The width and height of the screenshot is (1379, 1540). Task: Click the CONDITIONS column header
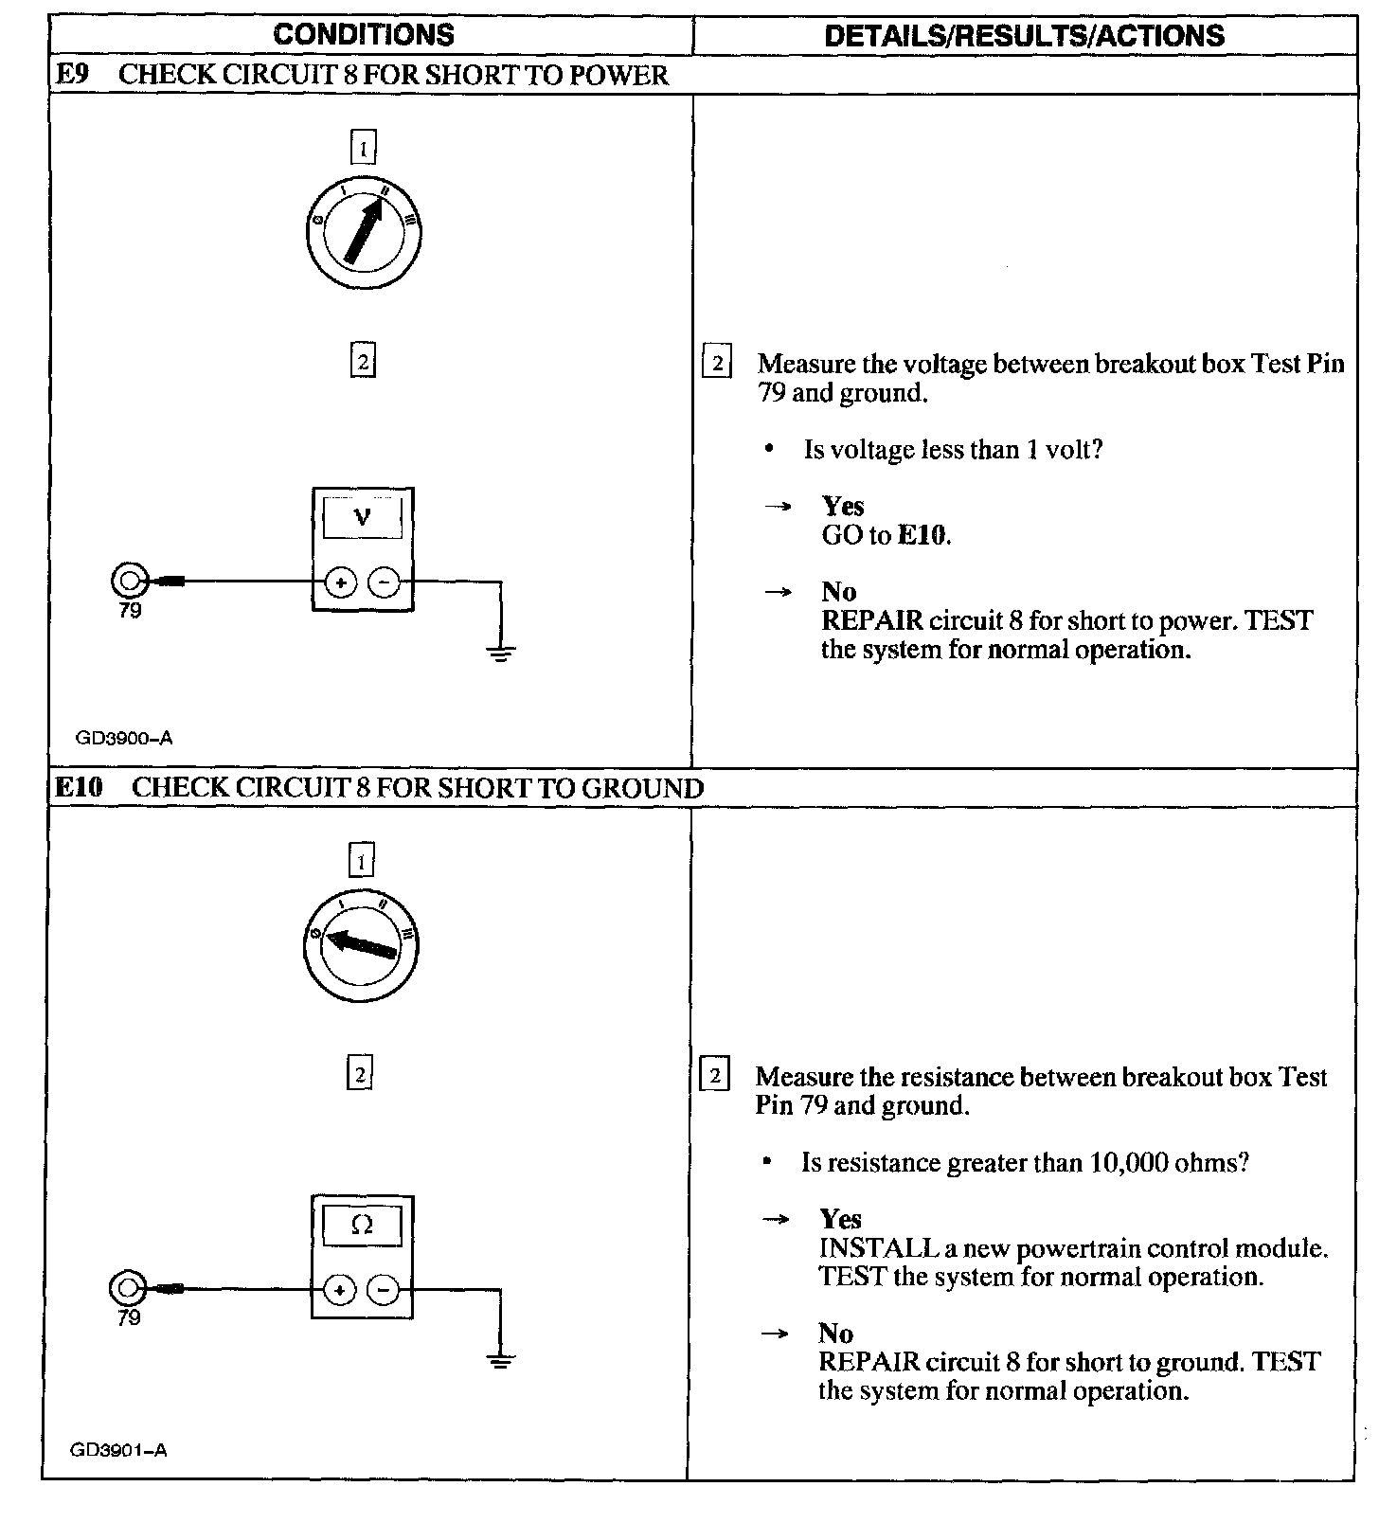(364, 35)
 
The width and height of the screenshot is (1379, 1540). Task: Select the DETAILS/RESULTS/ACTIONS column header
(1024, 36)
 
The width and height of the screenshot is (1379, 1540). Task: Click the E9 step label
(73, 75)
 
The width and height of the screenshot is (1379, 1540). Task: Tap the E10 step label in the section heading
(79, 787)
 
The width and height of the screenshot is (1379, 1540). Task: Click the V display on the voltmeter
(362, 517)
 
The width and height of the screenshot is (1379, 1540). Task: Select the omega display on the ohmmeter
(362, 1225)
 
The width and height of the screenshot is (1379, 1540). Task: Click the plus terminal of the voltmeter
(341, 582)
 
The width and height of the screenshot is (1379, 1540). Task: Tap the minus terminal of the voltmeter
(384, 582)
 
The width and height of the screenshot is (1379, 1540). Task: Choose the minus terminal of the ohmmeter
(383, 1290)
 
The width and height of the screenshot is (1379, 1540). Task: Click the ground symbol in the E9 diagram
(502, 652)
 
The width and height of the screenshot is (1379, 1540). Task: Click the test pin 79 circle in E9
(129, 579)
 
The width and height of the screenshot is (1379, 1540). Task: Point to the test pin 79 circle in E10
(128, 1288)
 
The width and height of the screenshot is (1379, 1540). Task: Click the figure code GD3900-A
(125, 738)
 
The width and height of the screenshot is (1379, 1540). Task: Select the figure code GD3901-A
(118, 1450)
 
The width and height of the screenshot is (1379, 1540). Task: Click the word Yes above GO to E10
(842, 506)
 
